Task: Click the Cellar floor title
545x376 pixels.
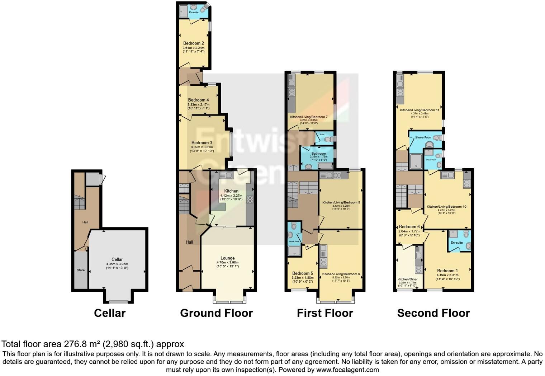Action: click(x=109, y=313)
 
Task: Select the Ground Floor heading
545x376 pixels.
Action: click(x=216, y=313)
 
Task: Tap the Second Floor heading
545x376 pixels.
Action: click(x=433, y=313)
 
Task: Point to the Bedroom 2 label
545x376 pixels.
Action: click(x=193, y=43)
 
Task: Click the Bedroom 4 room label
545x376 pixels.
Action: click(x=198, y=100)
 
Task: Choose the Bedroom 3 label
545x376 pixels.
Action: click(x=202, y=143)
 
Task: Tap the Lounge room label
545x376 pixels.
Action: click(x=227, y=258)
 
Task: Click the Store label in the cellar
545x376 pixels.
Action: click(x=81, y=270)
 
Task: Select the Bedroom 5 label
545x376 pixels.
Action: click(x=302, y=273)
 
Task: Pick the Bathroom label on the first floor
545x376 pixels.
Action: click(x=318, y=154)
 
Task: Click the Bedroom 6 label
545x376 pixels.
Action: click(x=409, y=227)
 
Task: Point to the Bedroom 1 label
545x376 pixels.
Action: click(x=447, y=271)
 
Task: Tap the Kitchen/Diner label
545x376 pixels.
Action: click(x=407, y=279)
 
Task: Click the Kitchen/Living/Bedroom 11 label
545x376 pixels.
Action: click(x=420, y=110)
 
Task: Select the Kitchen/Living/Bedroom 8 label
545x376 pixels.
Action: click(x=341, y=203)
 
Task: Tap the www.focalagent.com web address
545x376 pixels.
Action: click(x=347, y=370)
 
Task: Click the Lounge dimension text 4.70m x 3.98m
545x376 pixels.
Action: click(x=227, y=262)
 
